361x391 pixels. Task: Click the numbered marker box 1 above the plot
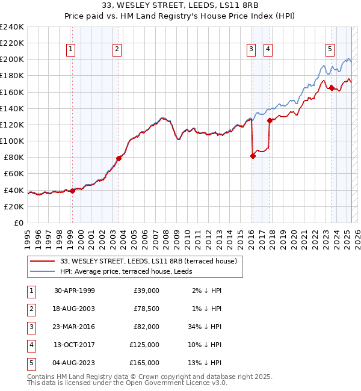pyautogui.click(x=71, y=49)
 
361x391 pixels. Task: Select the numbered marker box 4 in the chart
pyautogui.click(x=267, y=49)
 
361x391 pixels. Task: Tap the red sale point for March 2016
pyautogui.click(x=253, y=156)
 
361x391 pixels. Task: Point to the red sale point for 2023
pyautogui.click(x=332, y=88)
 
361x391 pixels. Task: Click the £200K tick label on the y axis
pyautogui.click(x=12, y=60)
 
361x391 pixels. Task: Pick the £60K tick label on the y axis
pyautogui.click(x=14, y=174)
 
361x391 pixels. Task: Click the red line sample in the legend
pyautogui.click(x=42, y=261)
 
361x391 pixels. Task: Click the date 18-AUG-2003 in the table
pyautogui.click(x=75, y=308)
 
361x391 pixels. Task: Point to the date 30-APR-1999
pyautogui.click(x=75, y=290)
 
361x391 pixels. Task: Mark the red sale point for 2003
pyautogui.click(x=119, y=158)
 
